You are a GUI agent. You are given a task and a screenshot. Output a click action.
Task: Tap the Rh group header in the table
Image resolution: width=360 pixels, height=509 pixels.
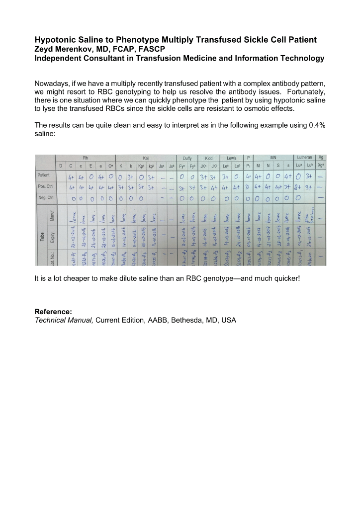click(x=86, y=158)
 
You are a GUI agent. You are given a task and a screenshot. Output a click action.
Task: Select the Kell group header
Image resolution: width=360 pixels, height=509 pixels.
click(x=146, y=158)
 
